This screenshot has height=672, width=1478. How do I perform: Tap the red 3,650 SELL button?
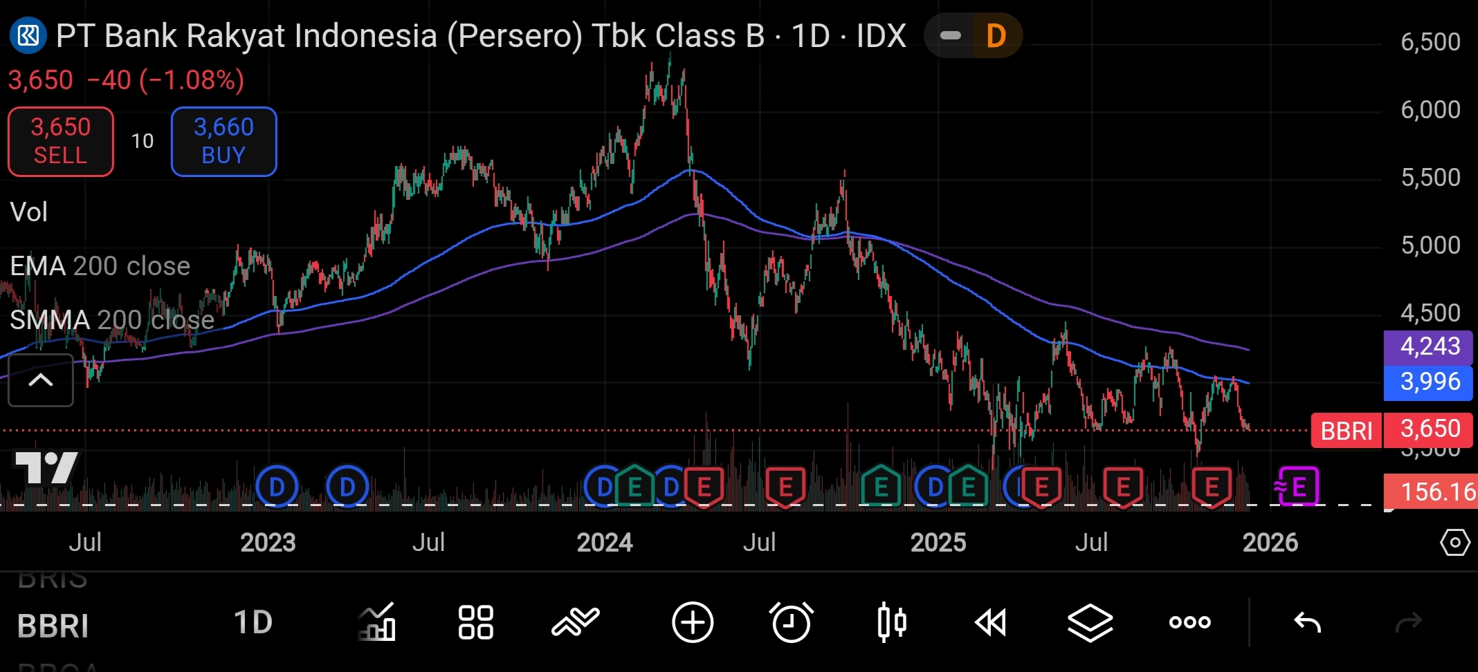click(x=61, y=141)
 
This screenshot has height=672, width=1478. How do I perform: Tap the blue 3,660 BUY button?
click(x=223, y=141)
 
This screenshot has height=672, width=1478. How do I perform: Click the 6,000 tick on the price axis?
click(x=1430, y=109)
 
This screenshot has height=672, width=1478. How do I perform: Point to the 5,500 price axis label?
click(x=1430, y=177)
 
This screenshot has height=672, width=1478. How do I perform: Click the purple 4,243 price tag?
click(x=1428, y=346)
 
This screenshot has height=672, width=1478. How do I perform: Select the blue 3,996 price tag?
click(x=1428, y=382)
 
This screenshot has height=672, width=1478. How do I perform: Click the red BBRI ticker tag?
click(x=1346, y=431)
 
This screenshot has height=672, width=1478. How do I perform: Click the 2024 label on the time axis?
click(x=604, y=543)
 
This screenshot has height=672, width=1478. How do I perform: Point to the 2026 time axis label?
click(x=1270, y=543)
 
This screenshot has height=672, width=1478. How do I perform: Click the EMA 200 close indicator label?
click(x=100, y=266)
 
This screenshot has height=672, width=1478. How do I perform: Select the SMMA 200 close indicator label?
click(x=112, y=320)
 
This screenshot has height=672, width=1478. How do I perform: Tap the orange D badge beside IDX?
click(x=995, y=36)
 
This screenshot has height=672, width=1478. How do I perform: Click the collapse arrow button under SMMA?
click(x=41, y=380)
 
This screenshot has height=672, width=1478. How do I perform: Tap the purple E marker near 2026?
click(x=1297, y=487)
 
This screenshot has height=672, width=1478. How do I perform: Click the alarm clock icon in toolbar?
click(x=791, y=622)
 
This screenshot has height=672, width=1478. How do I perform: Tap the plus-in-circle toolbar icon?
click(x=692, y=622)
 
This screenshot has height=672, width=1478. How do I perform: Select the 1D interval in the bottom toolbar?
click(x=253, y=622)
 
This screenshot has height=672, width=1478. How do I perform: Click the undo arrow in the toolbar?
click(x=1307, y=622)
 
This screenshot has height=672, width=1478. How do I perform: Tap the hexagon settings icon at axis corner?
click(x=1454, y=543)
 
